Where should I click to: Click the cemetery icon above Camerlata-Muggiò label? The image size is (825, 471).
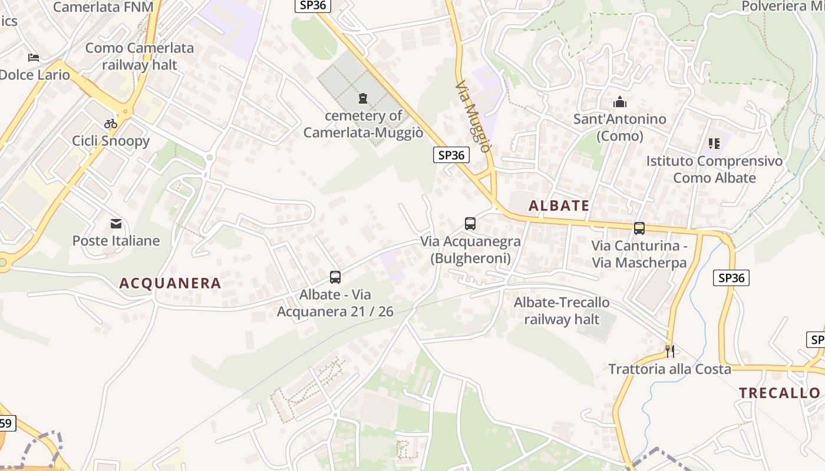coord(362,98)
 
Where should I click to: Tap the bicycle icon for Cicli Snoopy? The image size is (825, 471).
coord(111,124)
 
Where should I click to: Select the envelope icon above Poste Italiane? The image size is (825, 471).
coord(116,223)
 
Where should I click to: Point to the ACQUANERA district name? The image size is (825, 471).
coord(170,283)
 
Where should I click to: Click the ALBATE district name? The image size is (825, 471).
coord(559,205)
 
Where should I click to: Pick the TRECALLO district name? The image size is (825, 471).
coord(779,393)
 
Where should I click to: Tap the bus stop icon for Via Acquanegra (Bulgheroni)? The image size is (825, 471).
coord(470,224)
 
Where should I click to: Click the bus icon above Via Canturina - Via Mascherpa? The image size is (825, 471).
coord(639,228)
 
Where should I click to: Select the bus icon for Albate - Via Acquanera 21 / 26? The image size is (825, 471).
coord(335,277)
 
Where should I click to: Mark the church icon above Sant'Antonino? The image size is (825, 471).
coord(620,101)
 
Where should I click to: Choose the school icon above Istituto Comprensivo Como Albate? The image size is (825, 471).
coord(714,143)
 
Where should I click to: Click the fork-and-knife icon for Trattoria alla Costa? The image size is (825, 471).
coord(669,351)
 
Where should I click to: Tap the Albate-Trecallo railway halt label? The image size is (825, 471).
coord(562,311)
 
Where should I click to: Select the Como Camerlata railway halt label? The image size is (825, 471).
coord(140,56)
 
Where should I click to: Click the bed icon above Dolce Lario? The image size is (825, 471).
coord(34,58)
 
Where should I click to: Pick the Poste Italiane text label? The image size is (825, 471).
coord(116,241)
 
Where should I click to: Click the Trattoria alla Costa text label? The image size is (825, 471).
coord(669,369)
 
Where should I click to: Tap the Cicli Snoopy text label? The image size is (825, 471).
coord(111,141)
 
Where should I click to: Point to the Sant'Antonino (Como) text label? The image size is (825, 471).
coord(620,127)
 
